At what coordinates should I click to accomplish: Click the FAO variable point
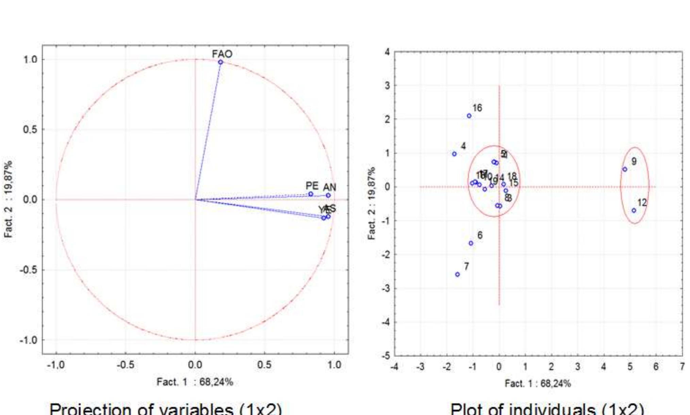220,62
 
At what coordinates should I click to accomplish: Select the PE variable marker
310,194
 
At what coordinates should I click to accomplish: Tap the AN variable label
329,187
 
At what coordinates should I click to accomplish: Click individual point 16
469,116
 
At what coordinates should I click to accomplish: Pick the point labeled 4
454,154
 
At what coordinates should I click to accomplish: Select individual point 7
457,274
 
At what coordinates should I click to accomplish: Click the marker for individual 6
471,243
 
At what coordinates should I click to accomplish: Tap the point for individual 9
625,169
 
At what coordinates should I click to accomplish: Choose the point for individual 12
634,211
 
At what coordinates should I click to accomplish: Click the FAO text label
222,54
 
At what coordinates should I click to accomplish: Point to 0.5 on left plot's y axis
30,130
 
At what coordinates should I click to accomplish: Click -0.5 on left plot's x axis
125,365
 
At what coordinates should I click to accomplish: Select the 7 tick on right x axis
682,367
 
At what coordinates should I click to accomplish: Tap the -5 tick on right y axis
386,355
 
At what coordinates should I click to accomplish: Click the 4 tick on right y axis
387,52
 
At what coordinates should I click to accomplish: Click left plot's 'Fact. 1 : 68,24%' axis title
195,382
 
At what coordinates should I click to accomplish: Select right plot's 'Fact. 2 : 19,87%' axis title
372,203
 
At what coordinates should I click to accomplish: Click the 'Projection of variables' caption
166,408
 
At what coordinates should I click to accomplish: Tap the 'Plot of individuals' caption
547,409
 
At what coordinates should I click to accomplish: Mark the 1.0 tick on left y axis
30,60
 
